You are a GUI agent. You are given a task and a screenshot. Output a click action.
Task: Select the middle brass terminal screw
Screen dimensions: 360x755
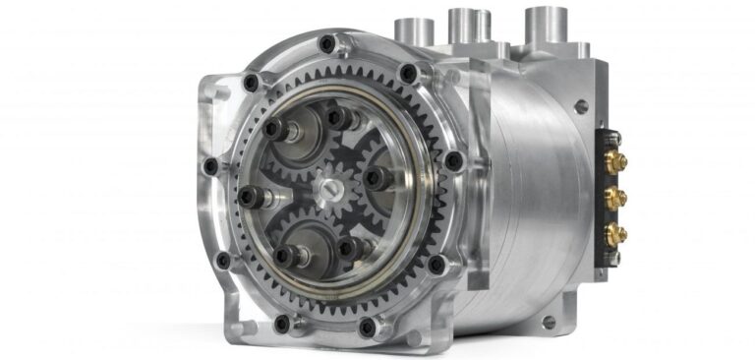pos(616,198)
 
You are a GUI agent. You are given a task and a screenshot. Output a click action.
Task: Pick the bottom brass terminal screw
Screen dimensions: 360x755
pos(616,234)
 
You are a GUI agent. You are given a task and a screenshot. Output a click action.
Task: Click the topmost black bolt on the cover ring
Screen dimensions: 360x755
pos(326,43)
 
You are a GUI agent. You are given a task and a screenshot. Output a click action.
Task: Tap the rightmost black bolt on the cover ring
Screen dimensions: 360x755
pos(453,159)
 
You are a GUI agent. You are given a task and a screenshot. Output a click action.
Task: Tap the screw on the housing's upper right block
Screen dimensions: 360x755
pos(581,106)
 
